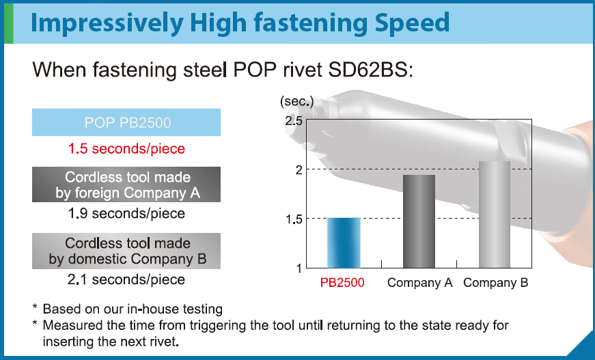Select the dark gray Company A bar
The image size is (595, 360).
click(419, 221)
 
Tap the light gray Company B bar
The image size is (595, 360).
click(495, 214)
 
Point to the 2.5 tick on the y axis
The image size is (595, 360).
click(294, 121)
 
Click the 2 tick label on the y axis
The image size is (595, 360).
click(298, 170)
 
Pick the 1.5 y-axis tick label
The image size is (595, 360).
click(294, 219)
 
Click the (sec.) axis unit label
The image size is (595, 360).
click(296, 102)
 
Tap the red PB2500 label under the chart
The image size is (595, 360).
click(342, 283)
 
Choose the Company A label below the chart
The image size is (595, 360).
click(420, 283)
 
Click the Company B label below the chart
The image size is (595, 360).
click(496, 283)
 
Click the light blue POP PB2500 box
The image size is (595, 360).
click(126, 123)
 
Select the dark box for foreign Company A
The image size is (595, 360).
click(126, 184)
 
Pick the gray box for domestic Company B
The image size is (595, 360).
click(126, 251)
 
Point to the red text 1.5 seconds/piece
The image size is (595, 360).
click(126, 148)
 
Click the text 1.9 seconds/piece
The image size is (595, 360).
click(126, 214)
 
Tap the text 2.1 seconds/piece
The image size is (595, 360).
click(126, 279)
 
